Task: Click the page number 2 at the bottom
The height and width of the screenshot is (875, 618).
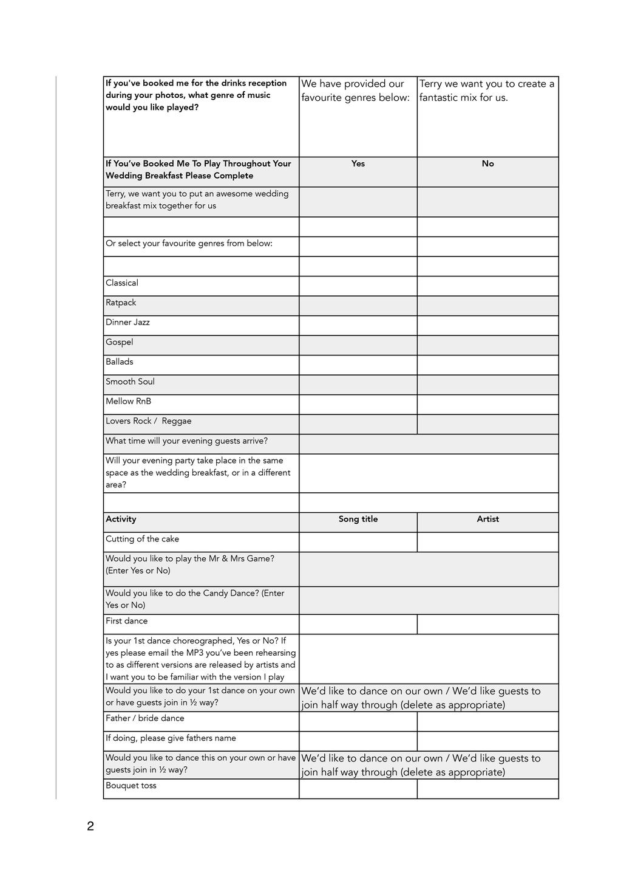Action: click(x=90, y=826)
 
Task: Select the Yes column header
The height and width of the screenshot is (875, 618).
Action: click(x=358, y=163)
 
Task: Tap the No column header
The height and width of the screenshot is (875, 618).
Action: click(x=487, y=163)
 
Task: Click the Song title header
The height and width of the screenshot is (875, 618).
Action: click(x=358, y=519)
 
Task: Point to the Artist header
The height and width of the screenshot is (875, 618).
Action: click(x=487, y=519)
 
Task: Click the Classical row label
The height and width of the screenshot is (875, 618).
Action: click(x=122, y=283)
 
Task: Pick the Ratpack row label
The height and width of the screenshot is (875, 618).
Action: click(x=121, y=303)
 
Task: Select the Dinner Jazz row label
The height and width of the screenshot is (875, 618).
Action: click(x=127, y=322)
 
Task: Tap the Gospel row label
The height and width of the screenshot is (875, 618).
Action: click(x=120, y=342)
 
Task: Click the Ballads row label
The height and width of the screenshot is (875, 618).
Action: click(x=120, y=362)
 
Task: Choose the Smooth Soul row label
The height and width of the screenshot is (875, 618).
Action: click(x=130, y=382)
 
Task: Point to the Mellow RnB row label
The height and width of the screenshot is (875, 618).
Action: click(x=128, y=401)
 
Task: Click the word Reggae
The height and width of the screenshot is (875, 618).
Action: click(x=177, y=421)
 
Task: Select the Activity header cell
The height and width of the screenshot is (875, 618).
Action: click(x=121, y=519)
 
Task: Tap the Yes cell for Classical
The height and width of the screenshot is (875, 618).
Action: click(x=358, y=286)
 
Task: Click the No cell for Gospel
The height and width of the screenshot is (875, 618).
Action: click(x=487, y=345)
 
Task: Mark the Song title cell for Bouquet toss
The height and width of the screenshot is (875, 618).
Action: click(x=358, y=789)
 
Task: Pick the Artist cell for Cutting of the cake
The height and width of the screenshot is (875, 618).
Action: click(x=487, y=542)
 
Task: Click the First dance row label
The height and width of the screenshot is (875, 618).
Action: click(x=126, y=621)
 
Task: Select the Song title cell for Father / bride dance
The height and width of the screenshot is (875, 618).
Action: click(x=358, y=721)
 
